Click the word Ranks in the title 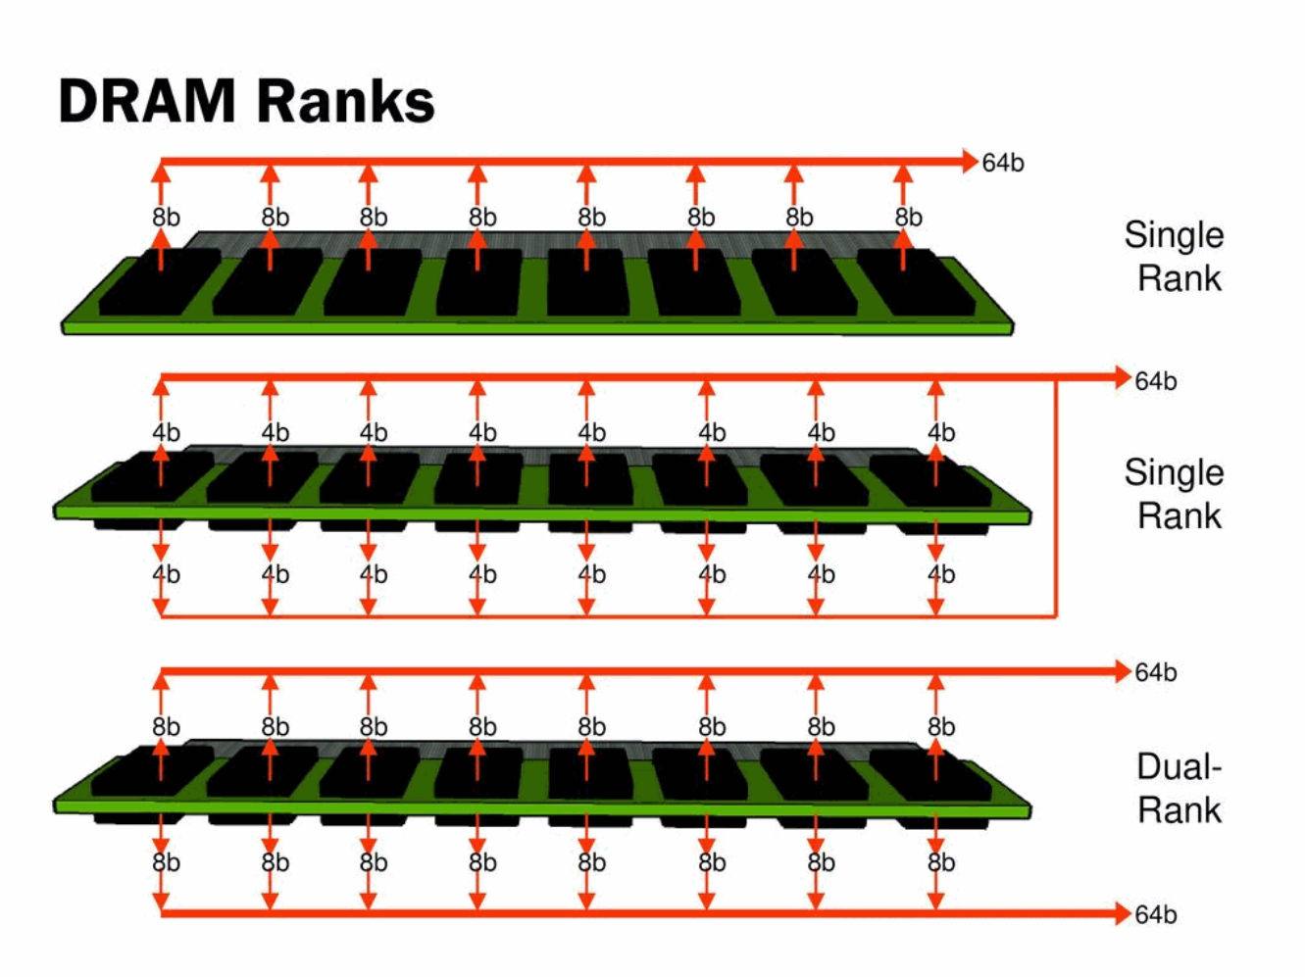point(347,101)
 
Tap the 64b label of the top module point(1003,163)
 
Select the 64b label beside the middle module point(1155,381)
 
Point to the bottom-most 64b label point(1155,914)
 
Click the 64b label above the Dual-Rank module point(1155,672)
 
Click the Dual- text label point(1179,766)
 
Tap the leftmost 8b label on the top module point(167,217)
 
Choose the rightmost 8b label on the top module point(908,217)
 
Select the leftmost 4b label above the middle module point(167,432)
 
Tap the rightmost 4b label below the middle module point(941,574)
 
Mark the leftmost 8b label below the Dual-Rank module point(167,862)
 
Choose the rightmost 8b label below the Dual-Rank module point(941,862)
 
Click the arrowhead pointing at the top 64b point(969,162)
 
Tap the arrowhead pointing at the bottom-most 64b point(1123,914)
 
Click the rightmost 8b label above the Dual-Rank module point(941,726)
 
